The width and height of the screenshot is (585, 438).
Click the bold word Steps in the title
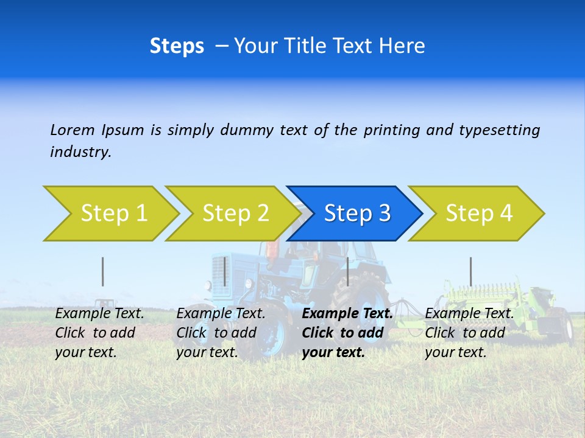point(177,46)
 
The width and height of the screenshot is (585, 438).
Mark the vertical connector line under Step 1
point(103,271)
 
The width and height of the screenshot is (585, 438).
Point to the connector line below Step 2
point(225,271)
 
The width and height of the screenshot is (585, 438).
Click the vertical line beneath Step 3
point(347,271)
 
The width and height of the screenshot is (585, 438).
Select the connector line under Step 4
point(470,271)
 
